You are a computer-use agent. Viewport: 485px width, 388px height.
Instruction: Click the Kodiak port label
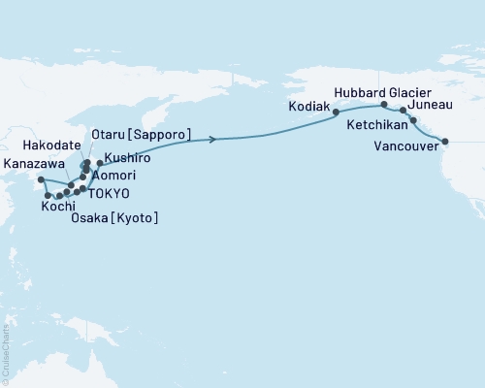click(x=309, y=105)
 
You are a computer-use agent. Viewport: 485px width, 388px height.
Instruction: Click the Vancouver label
click(x=404, y=146)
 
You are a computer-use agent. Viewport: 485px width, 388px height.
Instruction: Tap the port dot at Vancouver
click(x=445, y=142)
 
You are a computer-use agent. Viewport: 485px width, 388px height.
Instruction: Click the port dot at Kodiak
click(x=337, y=113)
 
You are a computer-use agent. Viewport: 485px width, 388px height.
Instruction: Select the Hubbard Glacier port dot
click(x=384, y=104)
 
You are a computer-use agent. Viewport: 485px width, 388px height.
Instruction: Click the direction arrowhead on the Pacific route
click(x=211, y=140)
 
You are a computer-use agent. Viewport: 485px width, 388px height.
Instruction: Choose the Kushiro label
click(x=126, y=156)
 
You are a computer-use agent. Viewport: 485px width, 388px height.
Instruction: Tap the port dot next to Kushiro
click(x=100, y=162)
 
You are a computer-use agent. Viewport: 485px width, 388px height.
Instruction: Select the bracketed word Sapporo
click(x=158, y=134)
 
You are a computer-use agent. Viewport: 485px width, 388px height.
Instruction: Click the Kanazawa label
click(x=35, y=164)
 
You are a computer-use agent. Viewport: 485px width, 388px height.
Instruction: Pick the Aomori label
click(x=113, y=176)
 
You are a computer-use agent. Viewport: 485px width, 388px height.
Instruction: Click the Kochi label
click(x=58, y=208)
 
